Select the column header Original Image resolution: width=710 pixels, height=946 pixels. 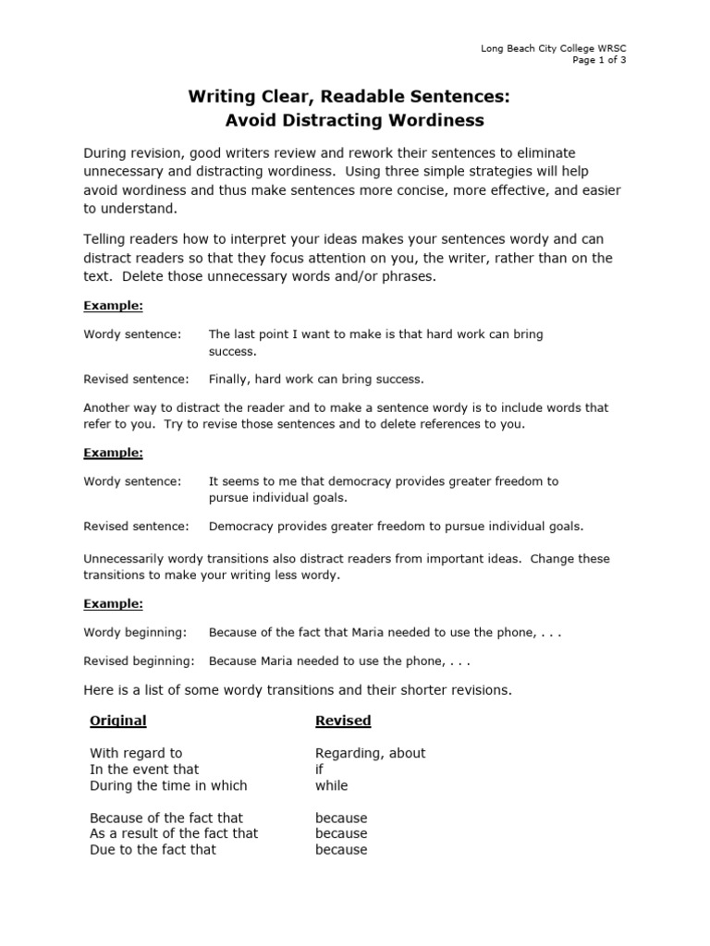click(117, 721)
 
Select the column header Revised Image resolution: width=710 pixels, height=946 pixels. click(343, 721)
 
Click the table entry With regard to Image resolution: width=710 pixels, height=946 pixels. click(136, 753)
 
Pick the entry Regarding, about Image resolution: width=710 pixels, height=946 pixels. click(370, 753)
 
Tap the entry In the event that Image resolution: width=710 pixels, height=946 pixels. click(144, 769)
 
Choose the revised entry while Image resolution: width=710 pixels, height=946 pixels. click(331, 785)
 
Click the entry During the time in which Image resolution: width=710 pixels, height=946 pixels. click(168, 785)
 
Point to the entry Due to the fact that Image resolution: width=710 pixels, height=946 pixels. click(153, 849)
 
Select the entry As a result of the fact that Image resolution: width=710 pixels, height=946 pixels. click(174, 833)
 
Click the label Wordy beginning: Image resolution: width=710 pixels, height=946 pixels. click(135, 632)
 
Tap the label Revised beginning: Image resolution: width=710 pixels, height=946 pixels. click(139, 661)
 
